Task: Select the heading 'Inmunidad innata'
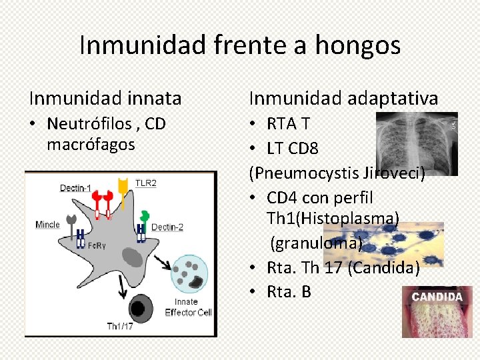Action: point(105,99)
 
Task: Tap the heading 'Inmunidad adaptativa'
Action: point(343,99)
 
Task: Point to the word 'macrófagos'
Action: point(91,144)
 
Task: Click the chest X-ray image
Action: point(416,143)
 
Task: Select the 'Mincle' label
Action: point(47,225)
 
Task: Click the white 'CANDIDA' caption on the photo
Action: point(436,297)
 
